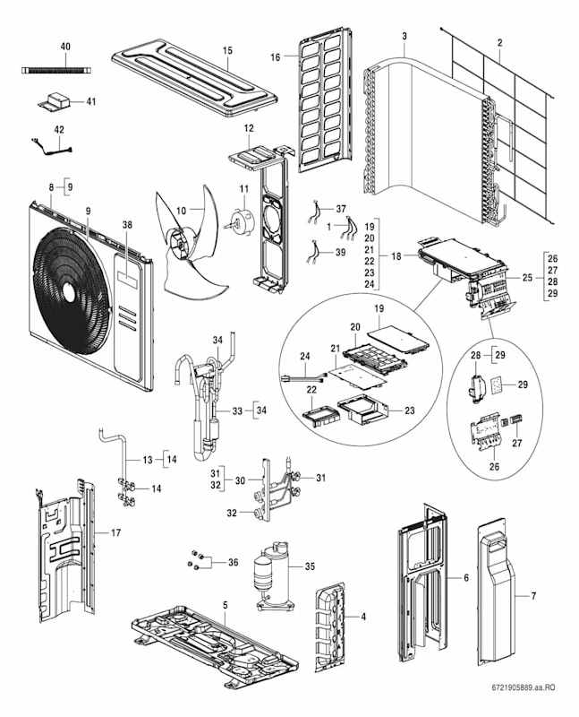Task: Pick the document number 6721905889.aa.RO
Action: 524,687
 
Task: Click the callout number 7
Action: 533,596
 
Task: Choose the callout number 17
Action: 115,533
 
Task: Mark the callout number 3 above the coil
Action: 404,36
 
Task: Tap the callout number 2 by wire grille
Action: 499,43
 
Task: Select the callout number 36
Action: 234,562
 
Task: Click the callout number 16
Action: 277,56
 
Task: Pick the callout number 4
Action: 362,617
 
